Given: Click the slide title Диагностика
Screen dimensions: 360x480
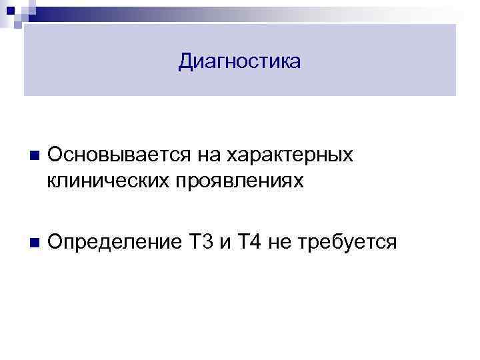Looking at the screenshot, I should (x=240, y=62).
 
